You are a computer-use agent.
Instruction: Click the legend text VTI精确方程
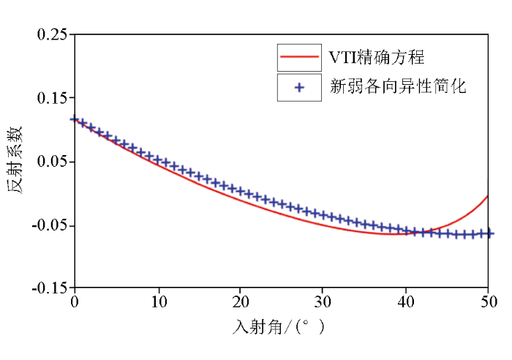point(377,56)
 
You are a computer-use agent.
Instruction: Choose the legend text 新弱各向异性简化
point(398,87)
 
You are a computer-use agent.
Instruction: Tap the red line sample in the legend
point(298,57)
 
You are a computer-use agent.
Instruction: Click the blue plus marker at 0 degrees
point(74,119)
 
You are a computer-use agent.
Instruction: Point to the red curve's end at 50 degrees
point(488,196)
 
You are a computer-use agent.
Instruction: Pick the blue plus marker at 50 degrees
point(488,233)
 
